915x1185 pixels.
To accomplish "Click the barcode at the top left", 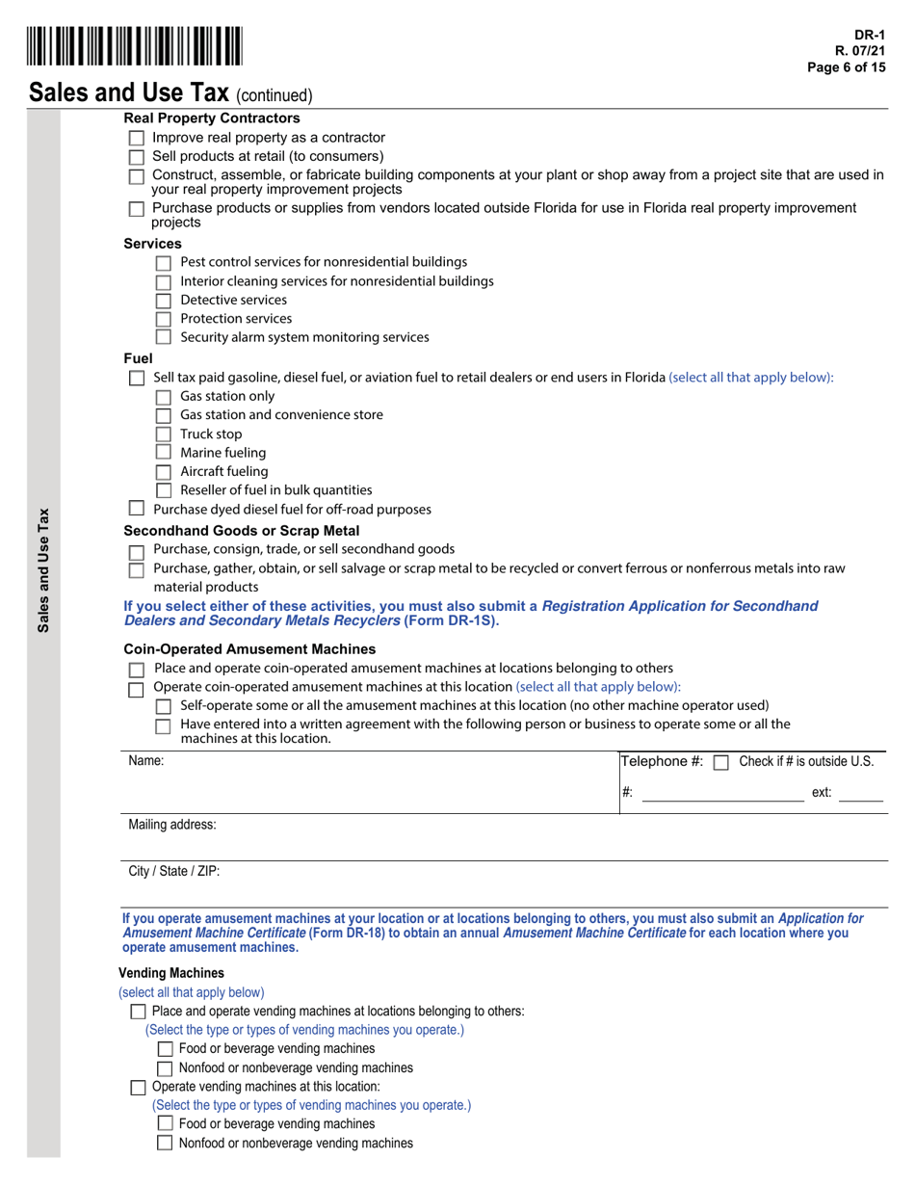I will click(x=136, y=46).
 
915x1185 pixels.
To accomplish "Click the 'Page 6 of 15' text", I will click(x=844, y=66).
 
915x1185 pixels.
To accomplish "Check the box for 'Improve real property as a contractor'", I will click(x=136, y=139).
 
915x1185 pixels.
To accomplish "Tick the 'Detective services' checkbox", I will click(x=163, y=301).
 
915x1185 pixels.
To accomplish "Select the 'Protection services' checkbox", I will click(x=163, y=319).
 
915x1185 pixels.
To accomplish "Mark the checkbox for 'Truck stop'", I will click(x=163, y=434).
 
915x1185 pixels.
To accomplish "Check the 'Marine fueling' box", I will click(x=163, y=453).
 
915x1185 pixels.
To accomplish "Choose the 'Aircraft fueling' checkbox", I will click(x=163, y=472).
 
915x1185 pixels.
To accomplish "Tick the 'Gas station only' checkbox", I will click(x=163, y=397).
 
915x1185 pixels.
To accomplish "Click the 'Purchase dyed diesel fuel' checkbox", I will click(x=136, y=509).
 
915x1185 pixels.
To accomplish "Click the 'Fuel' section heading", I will click(x=139, y=358).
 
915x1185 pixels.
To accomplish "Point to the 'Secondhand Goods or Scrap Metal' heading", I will click(x=242, y=531).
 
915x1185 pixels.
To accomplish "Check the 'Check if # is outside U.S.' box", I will click(x=720, y=762).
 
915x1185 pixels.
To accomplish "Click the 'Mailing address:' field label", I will click(x=172, y=825).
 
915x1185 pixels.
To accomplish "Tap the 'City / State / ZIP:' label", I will click(x=174, y=871).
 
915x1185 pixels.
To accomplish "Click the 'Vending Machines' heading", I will click(x=171, y=973).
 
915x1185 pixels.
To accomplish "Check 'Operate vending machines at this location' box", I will click(x=138, y=1088).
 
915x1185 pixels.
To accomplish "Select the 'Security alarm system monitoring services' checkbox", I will click(x=163, y=337).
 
